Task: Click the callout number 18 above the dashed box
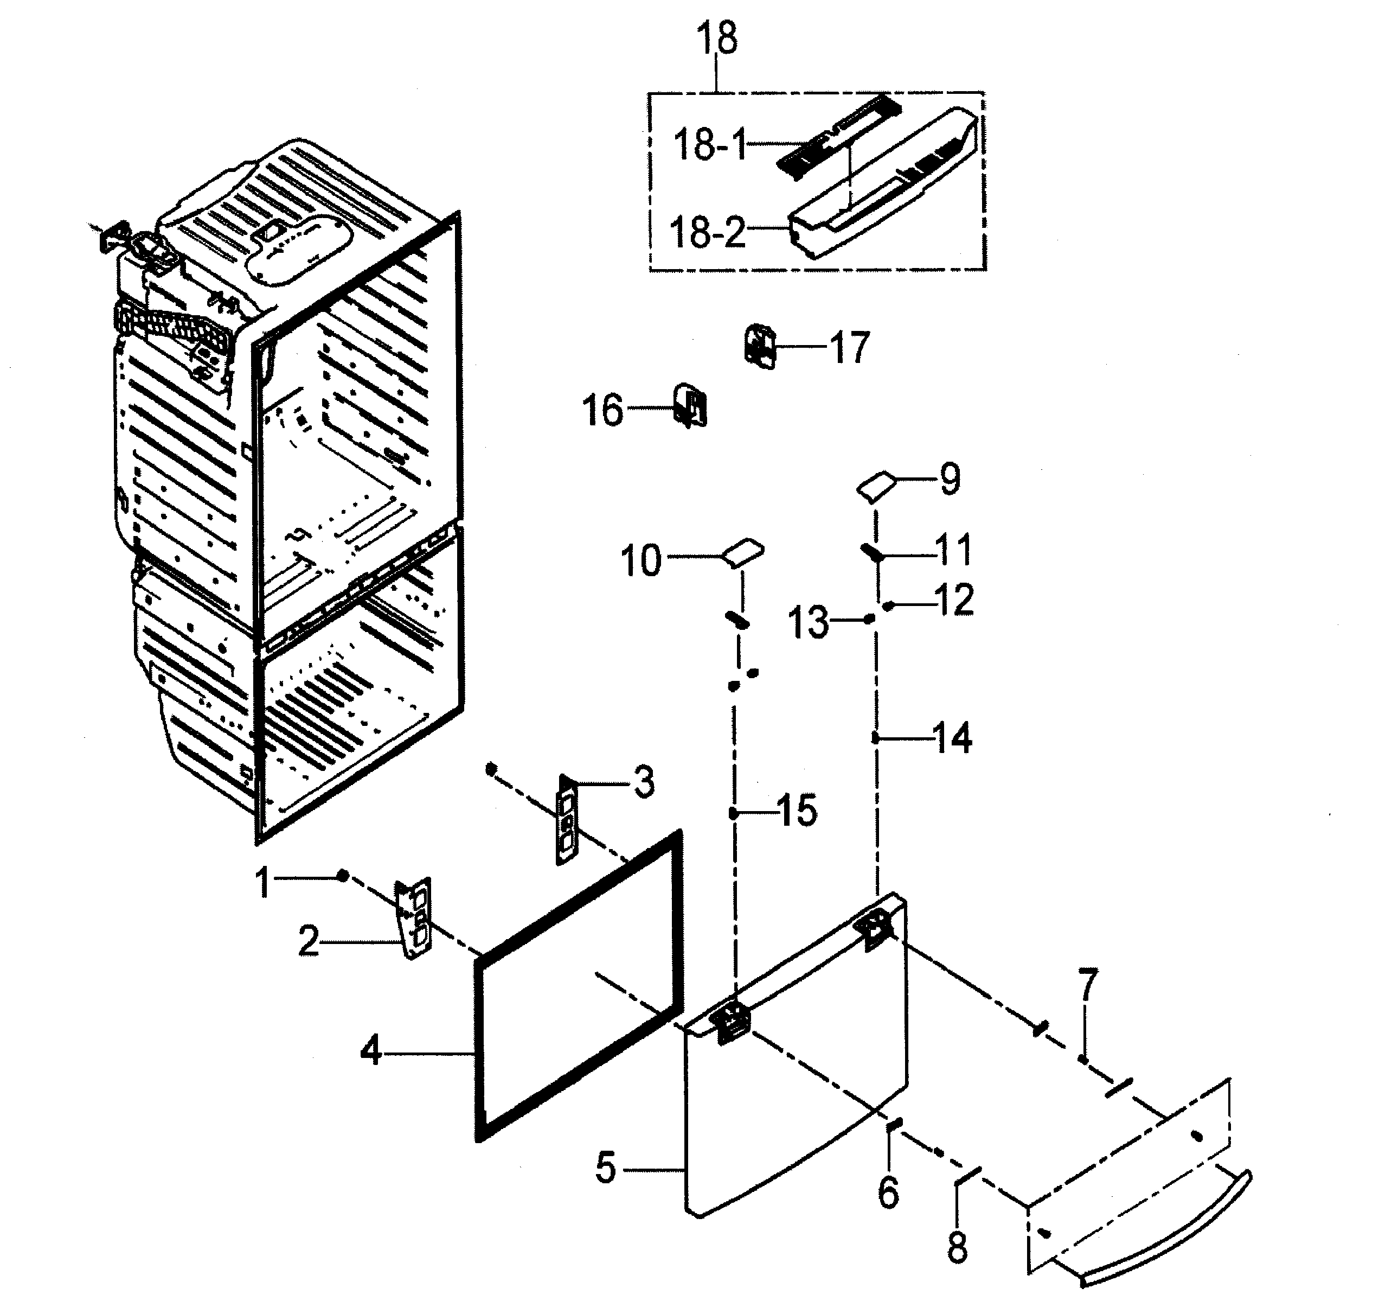[x=717, y=39]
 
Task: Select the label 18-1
[x=710, y=146]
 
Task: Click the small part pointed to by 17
[x=761, y=345]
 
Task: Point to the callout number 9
[x=950, y=479]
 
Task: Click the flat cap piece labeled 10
[x=743, y=553]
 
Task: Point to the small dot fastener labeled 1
[x=342, y=876]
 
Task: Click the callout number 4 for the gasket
[x=371, y=1051]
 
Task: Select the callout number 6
[x=889, y=1192]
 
